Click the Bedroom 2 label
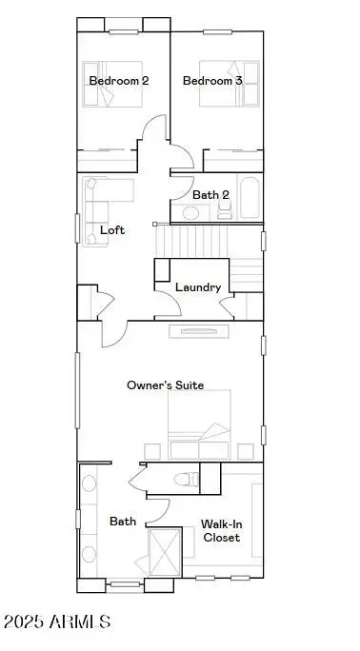point(119,81)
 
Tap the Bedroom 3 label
point(212,81)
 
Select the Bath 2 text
point(211,195)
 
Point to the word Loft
point(112,230)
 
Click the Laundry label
point(198,286)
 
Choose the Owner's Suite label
point(166,385)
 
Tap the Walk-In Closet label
point(221,530)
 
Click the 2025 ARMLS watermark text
point(57,622)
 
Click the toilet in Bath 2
point(225,211)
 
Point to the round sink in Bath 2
point(190,212)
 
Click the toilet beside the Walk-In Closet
point(190,479)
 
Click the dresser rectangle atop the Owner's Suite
point(200,331)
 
